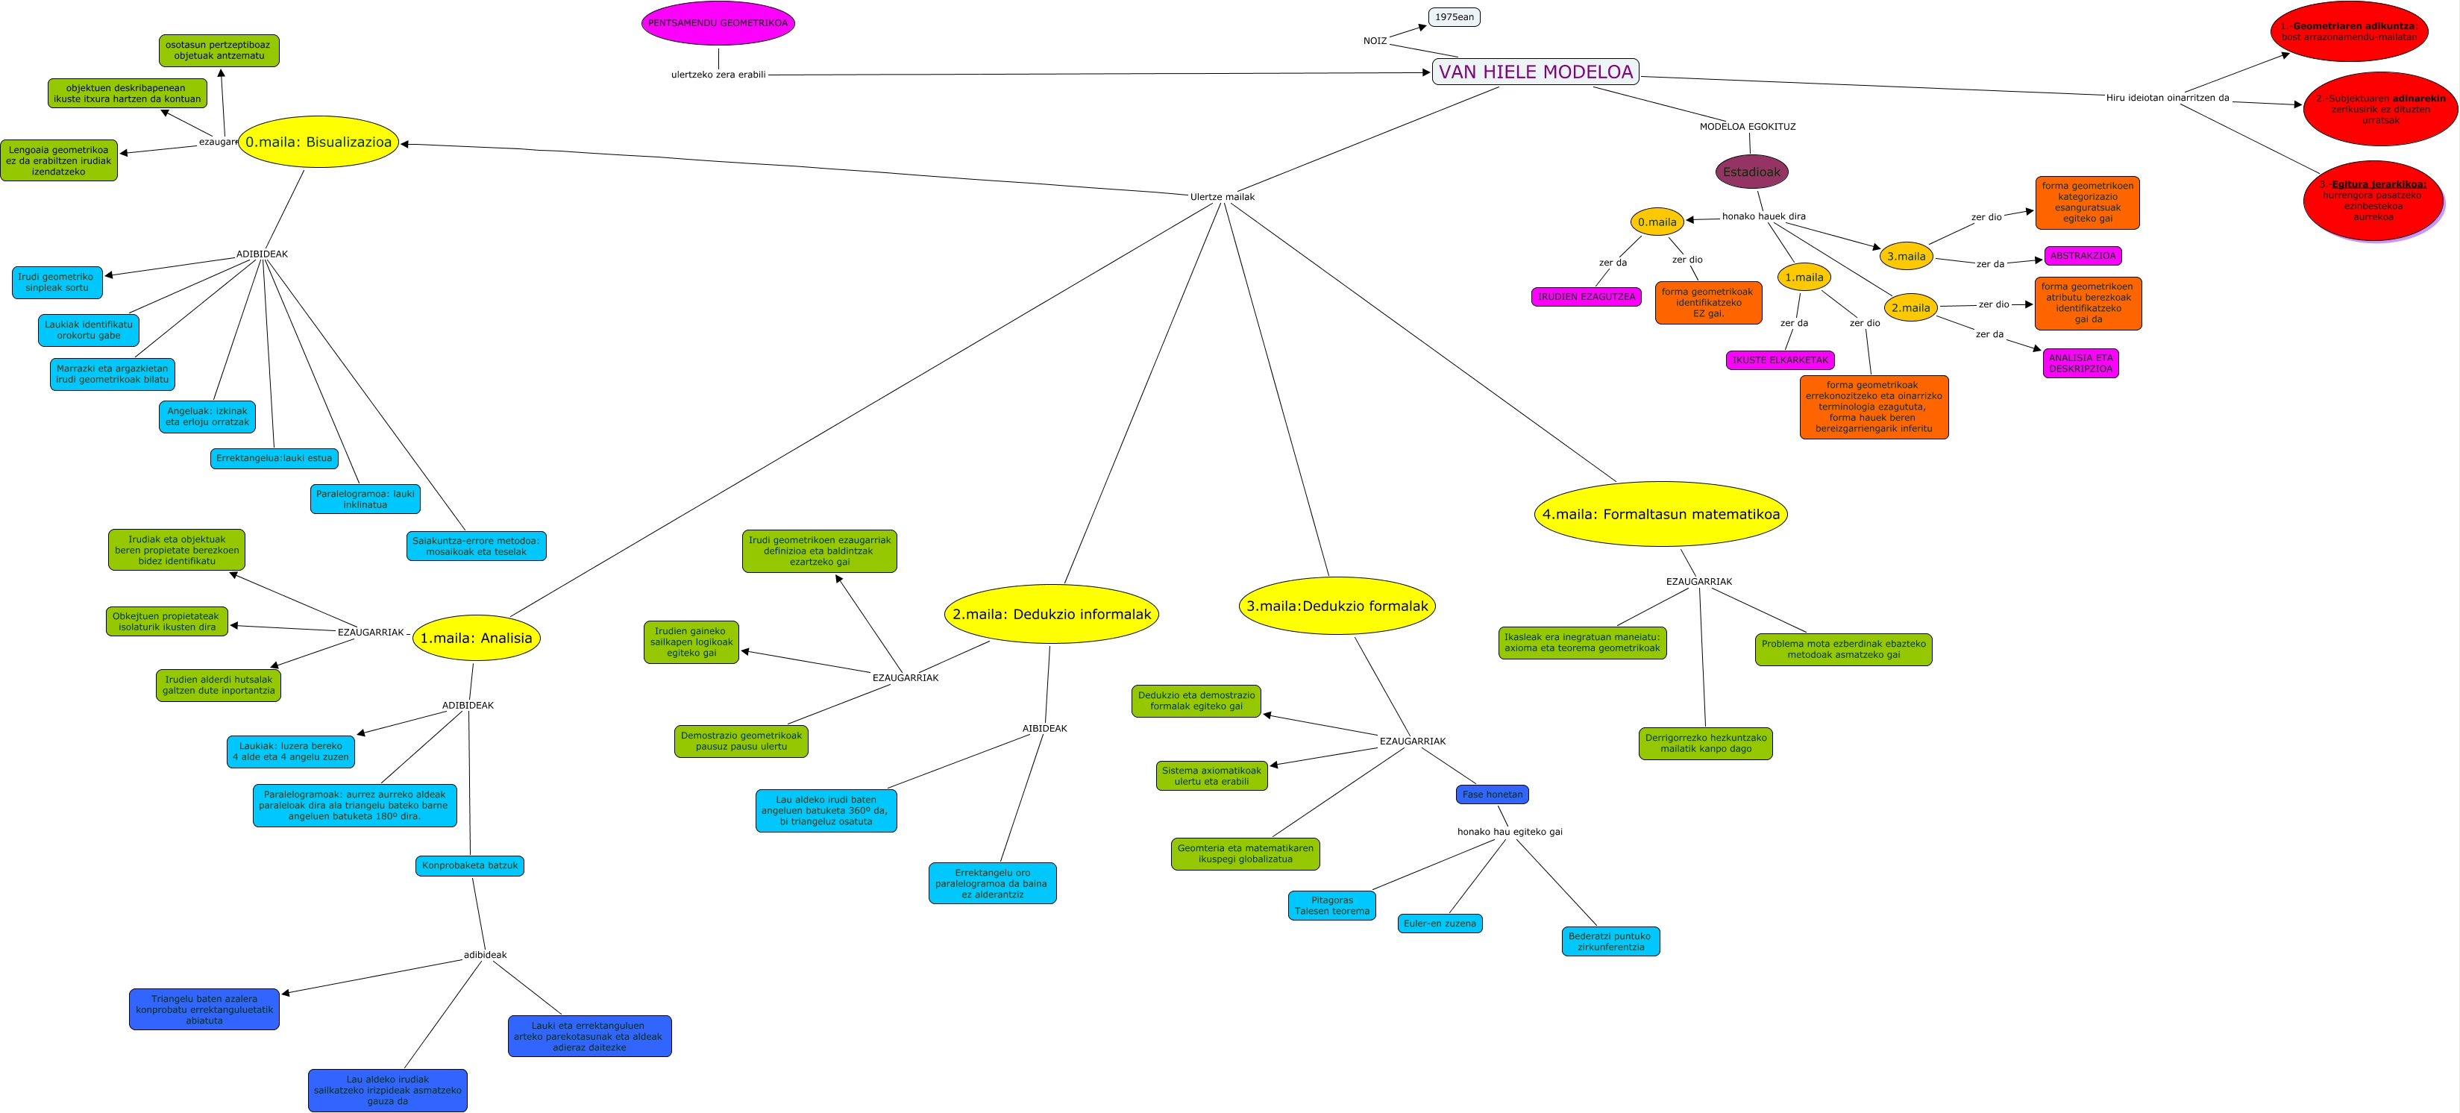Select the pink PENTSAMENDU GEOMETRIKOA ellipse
pyautogui.click(x=718, y=23)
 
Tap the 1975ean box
pyautogui.click(x=1454, y=17)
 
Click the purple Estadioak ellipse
pyautogui.click(x=1751, y=172)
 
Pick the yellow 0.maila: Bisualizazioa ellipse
pyautogui.click(x=318, y=142)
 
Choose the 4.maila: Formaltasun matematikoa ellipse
pyautogui.click(x=1660, y=514)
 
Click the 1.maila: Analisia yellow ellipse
pyautogui.click(x=476, y=638)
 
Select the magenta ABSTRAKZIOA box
pyautogui.click(x=2083, y=256)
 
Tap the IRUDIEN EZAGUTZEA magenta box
pyautogui.click(x=1587, y=297)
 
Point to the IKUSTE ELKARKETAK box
pyautogui.click(x=1780, y=360)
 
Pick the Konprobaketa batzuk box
pyautogui.click(x=470, y=865)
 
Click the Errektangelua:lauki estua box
pyautogui.click(x=274, y=459)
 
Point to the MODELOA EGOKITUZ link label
pyautogui.click(x=1747, y=126)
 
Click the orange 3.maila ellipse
pyautogui.click(x=1905, y=256)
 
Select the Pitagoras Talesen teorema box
pyautogui.click(x=1331, y=906)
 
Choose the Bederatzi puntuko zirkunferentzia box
pyautogui.click(x=1610, y=942)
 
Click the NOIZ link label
pyautogui.click(x=1374, y=41)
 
